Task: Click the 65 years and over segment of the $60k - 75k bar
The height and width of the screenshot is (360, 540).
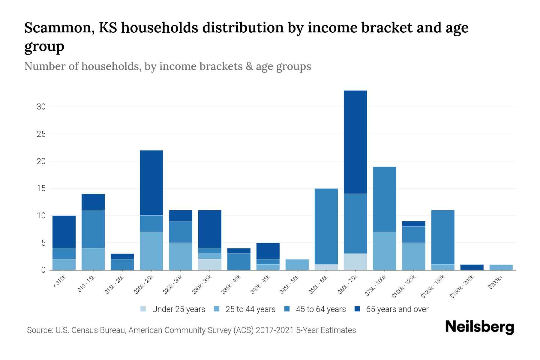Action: coord(355,142)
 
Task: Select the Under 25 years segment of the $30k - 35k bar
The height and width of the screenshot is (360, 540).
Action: coord(210,264)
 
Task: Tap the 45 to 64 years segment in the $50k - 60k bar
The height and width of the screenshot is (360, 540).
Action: coord(326,226)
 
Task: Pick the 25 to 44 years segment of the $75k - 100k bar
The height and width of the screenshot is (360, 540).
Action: coord(384,251)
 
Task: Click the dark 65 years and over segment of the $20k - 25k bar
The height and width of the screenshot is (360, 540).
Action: coord(151,183)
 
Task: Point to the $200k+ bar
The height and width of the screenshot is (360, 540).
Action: coord(501,267)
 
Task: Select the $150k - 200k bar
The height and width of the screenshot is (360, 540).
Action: coord(472,267)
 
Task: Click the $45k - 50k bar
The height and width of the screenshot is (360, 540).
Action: coord(297,265)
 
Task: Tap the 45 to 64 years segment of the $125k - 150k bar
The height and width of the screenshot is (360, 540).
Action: coord(443,237)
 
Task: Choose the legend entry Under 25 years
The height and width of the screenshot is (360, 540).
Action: coord(178,309)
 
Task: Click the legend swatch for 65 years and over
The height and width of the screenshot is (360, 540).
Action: coord(357,309)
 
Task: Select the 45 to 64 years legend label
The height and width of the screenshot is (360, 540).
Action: coord(321,309)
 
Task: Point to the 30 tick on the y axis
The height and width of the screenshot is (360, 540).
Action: coord(41,107)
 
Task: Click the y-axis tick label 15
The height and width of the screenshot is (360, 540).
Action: coord(41,188)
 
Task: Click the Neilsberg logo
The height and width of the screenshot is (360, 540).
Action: coord(480,327)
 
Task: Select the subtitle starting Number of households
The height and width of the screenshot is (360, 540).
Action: coord(167,66)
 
